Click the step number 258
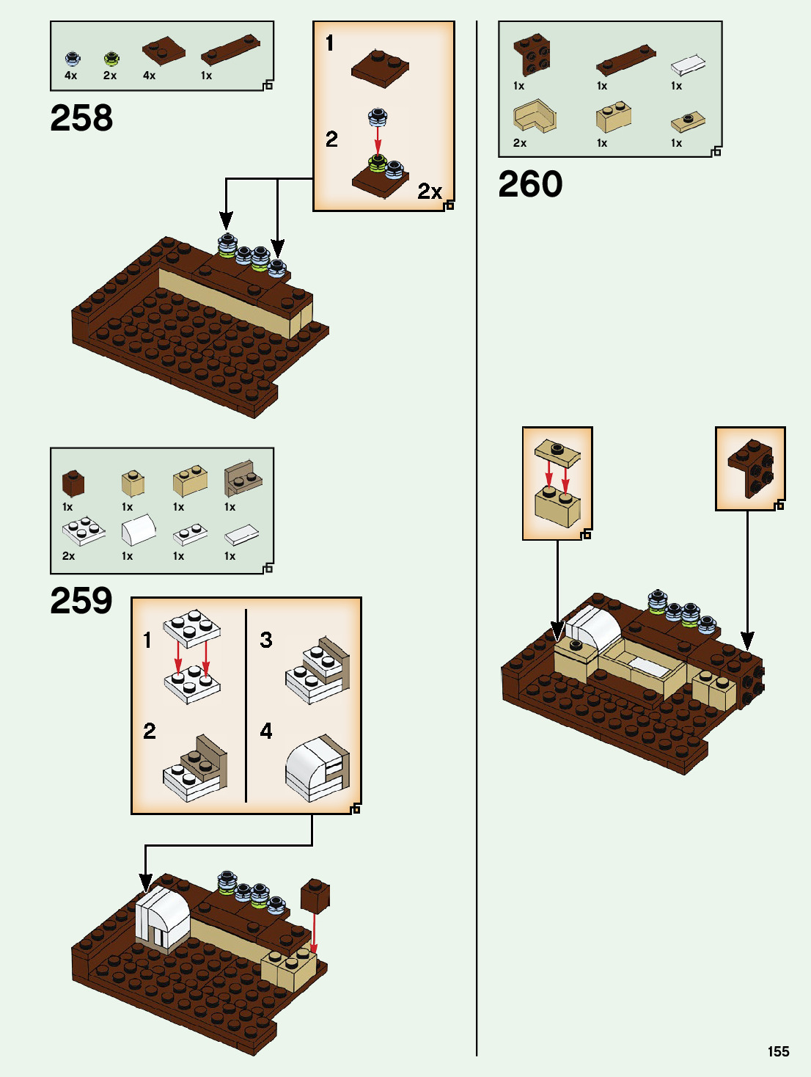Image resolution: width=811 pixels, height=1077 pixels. coord(81,118)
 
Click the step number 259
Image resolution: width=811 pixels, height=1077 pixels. coord(81,601)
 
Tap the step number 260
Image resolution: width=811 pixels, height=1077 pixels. coord(530,184)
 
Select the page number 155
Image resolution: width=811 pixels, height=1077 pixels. coord(778,1051)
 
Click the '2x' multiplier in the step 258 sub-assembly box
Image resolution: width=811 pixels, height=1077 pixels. coord(430,191)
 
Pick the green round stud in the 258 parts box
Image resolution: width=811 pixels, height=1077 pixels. coord(111,58)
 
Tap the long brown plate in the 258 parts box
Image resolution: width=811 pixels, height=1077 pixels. coord(230,50)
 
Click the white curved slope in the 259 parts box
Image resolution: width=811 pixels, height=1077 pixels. coord(138,529)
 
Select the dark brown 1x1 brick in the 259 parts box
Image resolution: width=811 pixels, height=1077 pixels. coord(73,483)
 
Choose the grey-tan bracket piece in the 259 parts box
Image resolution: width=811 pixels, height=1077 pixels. coord(243,478)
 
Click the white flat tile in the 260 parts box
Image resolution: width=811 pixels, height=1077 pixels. coord(688,66)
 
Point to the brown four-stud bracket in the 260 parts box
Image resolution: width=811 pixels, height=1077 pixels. coord(533,54)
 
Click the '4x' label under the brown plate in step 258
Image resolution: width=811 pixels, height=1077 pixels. coord(150,76)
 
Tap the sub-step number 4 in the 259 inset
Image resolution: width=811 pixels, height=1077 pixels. coord(266,731)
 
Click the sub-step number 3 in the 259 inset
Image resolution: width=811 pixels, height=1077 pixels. coord(266,640)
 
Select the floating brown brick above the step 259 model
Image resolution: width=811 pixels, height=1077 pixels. coord(315,896)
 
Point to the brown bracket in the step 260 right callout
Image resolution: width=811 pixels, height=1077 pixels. coord(751,468)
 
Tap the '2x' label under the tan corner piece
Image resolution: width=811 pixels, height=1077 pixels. coord(520,143)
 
